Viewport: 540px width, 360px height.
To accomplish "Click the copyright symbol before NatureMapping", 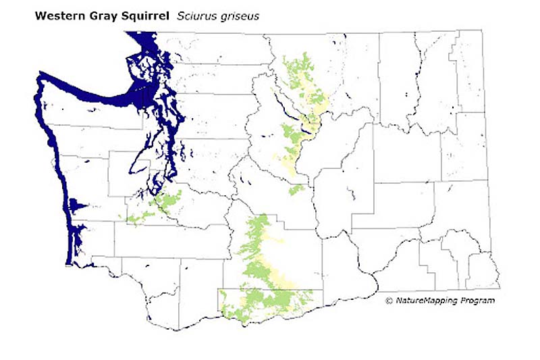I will [x=388, y=300].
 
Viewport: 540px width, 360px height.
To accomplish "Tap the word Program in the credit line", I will [x=477, y=300].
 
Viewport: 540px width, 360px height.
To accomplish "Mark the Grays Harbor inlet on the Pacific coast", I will [x=76, y=205].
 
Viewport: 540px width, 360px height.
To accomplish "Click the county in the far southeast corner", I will [x=482, y=270].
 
